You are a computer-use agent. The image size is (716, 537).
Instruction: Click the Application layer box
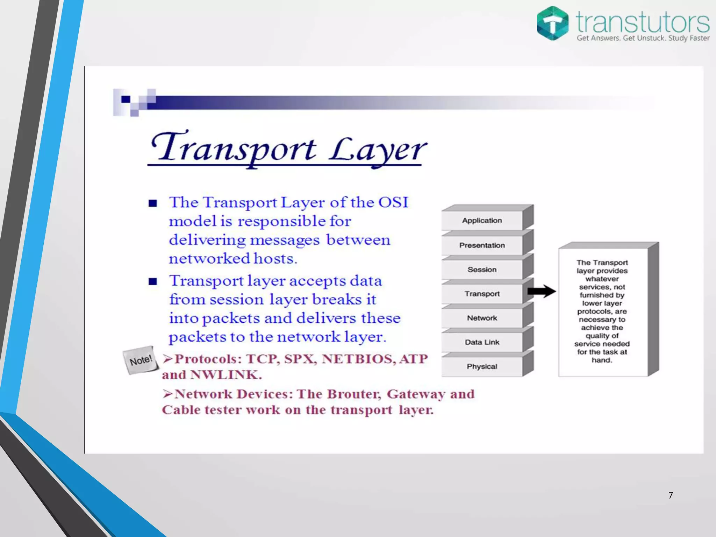(x=482, y=221)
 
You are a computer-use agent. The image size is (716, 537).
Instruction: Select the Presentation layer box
(x=482, y=245)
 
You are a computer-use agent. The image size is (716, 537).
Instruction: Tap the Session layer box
(x=482, y=270)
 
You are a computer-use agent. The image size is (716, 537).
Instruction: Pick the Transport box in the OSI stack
(x=482, y=294)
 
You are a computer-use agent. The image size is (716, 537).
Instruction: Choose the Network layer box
(x=482, y=318)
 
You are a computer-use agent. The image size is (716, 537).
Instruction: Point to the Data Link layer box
(x=482, y=342)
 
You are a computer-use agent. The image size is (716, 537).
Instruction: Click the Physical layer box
(x=482, y=366)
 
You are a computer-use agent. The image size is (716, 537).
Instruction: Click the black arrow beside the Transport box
(x=541, y=291)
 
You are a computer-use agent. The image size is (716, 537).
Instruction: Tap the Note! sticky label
(x=141, y=360)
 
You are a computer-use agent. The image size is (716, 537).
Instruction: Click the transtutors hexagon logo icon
(x=552, y=23)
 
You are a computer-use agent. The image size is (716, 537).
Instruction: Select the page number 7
(x=671, y=495)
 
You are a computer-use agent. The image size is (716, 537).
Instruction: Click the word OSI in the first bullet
(x=393, y=202)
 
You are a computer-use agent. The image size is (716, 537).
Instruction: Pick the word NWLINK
(x=226, y=375)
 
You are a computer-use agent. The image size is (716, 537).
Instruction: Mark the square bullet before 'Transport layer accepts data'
(x=153, y=281)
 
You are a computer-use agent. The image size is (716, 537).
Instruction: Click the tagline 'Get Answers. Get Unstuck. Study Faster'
(x=643, y=38)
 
